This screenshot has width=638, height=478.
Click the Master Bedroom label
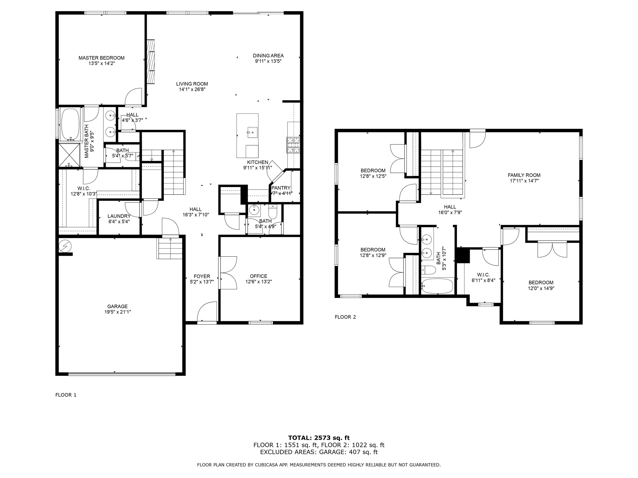coord(102,58)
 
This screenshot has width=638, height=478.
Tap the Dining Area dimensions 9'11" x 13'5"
coord(268,61)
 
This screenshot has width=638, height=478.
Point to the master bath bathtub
coord(70,124)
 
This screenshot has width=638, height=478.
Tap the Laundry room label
coord(119,216)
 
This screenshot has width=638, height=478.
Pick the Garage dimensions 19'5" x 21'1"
coord(117,312)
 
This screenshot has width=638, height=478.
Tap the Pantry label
coord(281,188)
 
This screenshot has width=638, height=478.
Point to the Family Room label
coord(524,175)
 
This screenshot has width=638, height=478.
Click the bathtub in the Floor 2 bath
coord(437,286)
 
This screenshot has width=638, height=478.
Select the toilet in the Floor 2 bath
coord(428,270)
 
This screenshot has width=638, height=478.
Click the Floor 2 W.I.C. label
coord(483,275)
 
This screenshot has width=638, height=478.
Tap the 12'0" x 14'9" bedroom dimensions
coord(541,288)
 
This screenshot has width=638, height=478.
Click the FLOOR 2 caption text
coord(345,317)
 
